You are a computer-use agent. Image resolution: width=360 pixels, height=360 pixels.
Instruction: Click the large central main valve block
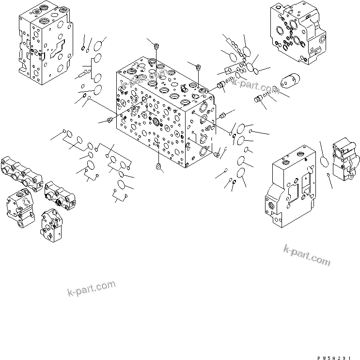165,121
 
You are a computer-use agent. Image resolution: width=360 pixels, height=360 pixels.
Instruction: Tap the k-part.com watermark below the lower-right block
306,254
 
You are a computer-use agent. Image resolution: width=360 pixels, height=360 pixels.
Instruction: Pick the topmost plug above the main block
156,46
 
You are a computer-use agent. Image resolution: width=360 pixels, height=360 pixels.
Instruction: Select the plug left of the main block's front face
110,119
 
